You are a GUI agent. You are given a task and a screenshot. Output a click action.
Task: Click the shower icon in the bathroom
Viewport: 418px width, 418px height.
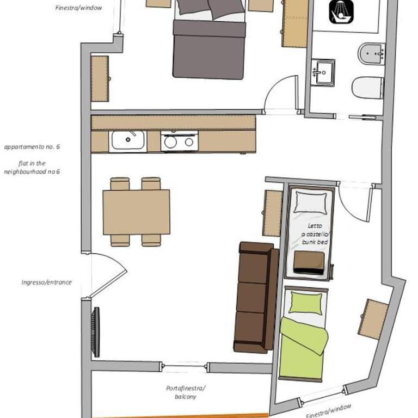pos(341,12)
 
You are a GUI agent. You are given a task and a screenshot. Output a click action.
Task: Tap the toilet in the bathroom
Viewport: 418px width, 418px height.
pos(367,88)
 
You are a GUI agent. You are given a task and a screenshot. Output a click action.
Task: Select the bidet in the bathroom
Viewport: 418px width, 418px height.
pos(371,54)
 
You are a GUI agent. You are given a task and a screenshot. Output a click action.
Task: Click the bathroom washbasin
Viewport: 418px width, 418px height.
pos(323,72)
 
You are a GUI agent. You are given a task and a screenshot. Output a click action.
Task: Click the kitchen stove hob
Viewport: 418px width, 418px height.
pos(180,141)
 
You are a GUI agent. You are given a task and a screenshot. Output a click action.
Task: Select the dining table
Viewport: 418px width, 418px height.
pos(136,212)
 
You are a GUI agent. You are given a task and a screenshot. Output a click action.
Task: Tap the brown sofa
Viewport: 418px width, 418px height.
pos(256,297)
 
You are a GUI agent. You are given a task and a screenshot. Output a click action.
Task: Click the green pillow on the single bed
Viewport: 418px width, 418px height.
pos(306,303)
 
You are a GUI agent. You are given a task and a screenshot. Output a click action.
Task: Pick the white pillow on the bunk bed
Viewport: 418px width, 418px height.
pos(311,202)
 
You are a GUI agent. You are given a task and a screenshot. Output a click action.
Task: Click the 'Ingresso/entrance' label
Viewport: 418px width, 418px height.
pos(47,282)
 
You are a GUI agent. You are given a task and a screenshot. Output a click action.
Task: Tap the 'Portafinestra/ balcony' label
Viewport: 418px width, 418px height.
pos(186,392)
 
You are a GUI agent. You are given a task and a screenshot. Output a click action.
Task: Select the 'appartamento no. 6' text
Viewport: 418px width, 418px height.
pos(32,147)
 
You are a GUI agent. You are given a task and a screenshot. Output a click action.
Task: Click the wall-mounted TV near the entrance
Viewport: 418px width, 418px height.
pos(95,332)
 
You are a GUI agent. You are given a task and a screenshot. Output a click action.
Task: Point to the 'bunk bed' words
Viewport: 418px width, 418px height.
pos(315,242)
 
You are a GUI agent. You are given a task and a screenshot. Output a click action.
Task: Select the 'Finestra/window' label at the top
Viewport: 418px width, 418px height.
pos(78,8)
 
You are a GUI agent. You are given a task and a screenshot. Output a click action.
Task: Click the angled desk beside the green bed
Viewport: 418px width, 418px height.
pos(373,319)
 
